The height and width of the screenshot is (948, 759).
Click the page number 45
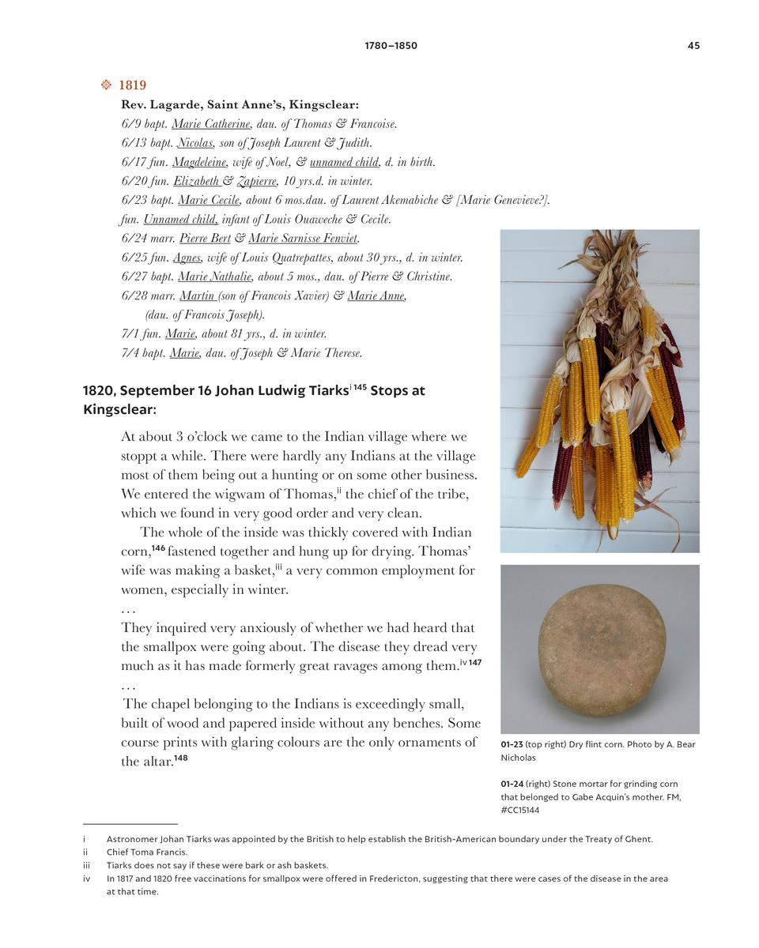(x=693, y=46)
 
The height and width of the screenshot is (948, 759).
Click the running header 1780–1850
(x=391, y=46)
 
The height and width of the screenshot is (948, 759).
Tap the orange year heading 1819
(x=132, y=85)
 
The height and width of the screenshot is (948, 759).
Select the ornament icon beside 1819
(x=106, y=85)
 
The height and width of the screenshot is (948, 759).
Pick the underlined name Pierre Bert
(x=205, y=239)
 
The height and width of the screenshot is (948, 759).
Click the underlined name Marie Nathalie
(x=215, y=276)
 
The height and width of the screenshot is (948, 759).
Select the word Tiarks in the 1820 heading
(x=324, y=391)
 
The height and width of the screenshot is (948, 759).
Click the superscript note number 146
(x=158, y=548)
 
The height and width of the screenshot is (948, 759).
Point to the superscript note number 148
(x=181, y=758)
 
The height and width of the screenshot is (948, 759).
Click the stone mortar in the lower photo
(x=601, y=649)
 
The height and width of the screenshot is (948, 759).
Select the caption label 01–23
(x=512, y=745)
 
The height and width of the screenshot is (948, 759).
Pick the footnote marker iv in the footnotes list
(x=87, y=878)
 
